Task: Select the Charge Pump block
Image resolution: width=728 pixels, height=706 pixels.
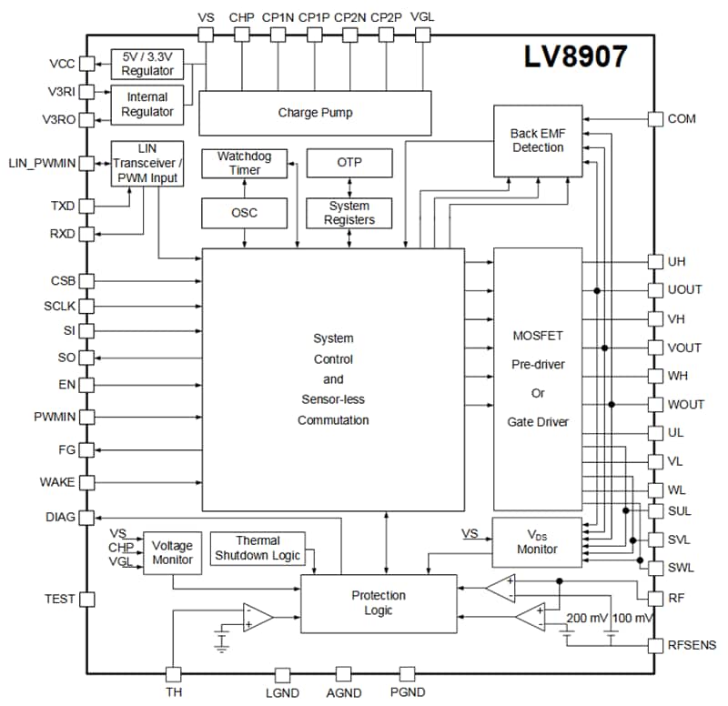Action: [315, 114]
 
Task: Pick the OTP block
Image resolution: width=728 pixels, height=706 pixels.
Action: [349, 164]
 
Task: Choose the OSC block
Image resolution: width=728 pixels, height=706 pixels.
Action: [244, 213]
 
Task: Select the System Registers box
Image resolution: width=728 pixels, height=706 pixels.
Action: [349, 213]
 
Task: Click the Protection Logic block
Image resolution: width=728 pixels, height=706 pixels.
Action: [379, 603]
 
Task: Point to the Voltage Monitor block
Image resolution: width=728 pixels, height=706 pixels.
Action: [172, 552]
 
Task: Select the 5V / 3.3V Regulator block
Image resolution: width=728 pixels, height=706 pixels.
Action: [147, 64]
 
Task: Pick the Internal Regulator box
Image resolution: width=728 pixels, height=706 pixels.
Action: [147, 104]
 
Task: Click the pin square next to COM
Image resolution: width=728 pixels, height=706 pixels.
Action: [655, 119]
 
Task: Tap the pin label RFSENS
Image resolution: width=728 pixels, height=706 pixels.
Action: [692, 645]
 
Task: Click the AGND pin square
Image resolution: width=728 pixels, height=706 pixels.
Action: [343, 674]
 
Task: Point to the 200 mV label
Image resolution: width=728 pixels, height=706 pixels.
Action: [588, 618]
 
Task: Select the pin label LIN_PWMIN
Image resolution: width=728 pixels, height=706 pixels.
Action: [41, 163]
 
